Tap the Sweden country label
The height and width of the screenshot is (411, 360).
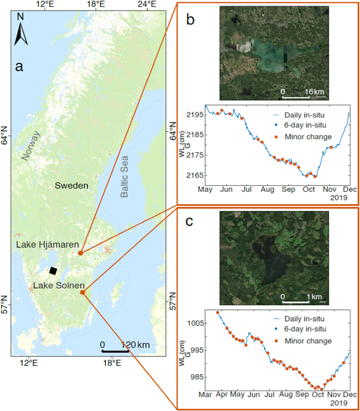[x=71, y=185]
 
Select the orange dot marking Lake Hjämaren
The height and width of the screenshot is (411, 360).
[x=81, y=253]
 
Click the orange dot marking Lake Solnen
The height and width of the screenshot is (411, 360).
[x=83, y=292]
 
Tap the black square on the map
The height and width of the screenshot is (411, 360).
[x=53, y=271]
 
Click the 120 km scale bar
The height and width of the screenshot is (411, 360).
[x=115, y=351]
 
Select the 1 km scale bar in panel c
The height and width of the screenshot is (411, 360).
[x=296, y=302]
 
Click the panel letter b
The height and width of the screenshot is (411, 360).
[x=190, y=20]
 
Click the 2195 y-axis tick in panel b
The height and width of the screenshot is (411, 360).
[x=194, y=115]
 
